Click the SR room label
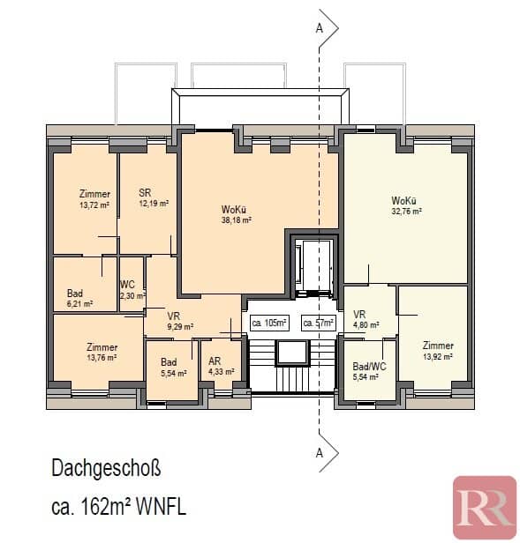click(145, 192)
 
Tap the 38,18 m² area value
click(237, 219)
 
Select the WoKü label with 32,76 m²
click(403, 200)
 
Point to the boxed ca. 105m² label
click(269, 323)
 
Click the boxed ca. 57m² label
click(319, 323)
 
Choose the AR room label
click(215, 361)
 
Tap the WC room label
click(127, 285)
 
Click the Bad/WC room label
click(369, 367)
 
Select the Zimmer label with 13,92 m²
click(438, 346)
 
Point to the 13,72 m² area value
click(94, 205)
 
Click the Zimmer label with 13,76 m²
click(102, 347)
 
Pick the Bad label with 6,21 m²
click(75, 294)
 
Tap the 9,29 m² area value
click(180, 326)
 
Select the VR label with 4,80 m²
click(359, 315)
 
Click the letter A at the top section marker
click(320, 28)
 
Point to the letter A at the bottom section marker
click(320, 452)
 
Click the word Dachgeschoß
click(106, 468)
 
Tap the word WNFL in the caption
click(161, 508)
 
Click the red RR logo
click(485, 507)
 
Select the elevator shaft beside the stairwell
click(313, 266)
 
